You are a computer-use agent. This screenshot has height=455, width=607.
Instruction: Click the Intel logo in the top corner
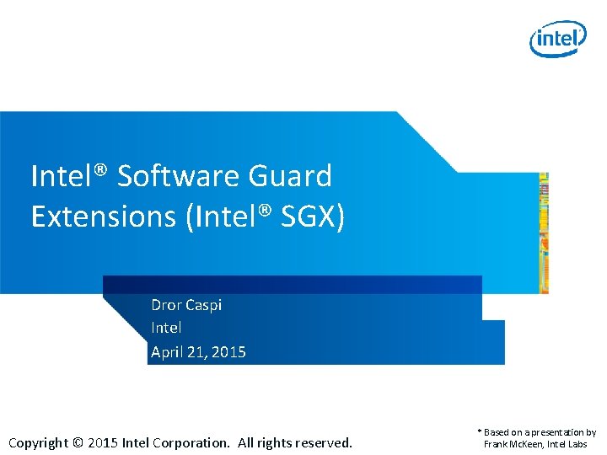pyautogui.click(x=557, y=39)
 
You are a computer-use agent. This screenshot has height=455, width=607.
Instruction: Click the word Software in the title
pyautogui.click(x=179, y=176)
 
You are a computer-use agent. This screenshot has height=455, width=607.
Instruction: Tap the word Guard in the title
pyautogui.click(x=291, y=176)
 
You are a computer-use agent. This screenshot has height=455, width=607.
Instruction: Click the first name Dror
pyautogui.click(x=167, y=305)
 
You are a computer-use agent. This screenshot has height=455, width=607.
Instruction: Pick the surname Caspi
pyautogui.click(x=205, y=305)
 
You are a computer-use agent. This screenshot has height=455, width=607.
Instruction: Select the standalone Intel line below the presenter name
pyautogui.click(x=166, y=328)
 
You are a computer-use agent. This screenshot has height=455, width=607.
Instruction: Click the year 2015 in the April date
pyautogui.click(x=228, y=351)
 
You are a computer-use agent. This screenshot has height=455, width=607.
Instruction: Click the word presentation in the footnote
pyautogui.click(x=553, y=432)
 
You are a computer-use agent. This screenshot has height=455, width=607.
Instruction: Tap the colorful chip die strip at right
pyautogui.click(x=544, y=233)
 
